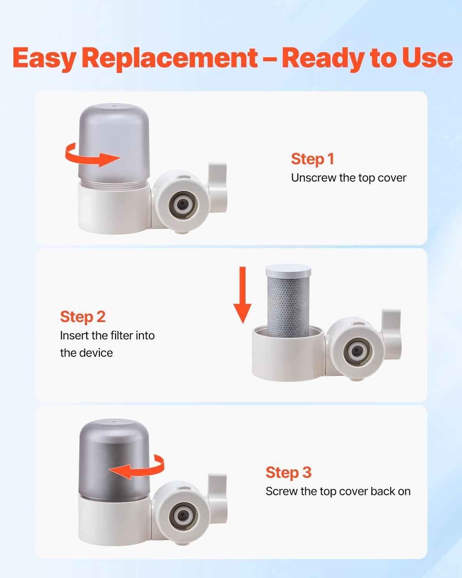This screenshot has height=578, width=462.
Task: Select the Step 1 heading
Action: click(313, 159)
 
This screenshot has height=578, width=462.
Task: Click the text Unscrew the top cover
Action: click(349, 178)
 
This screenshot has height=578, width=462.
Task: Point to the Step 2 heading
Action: click(83, 317)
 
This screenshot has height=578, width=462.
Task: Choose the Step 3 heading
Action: click(289, 472)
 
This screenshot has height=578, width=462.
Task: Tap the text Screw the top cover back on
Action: click(338, 492)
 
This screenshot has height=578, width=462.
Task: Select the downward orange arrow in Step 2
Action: click(243, 295)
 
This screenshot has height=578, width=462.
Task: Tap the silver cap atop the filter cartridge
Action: click(289, 270)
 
